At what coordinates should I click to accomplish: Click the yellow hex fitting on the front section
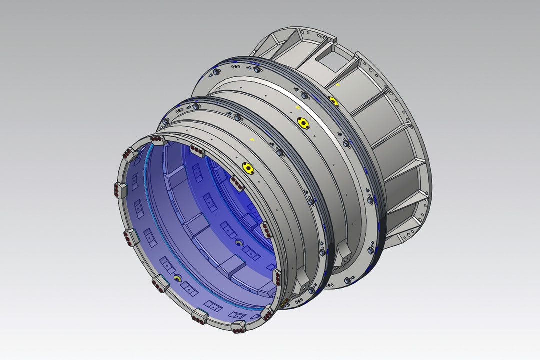pos(246,167)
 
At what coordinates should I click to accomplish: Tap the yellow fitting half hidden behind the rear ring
pos(333,102)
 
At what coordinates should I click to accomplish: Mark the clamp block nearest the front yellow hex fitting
pos(197,150)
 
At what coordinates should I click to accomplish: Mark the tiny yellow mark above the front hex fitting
pos(252,138)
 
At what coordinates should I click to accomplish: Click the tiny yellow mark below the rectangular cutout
pos(338,85)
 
